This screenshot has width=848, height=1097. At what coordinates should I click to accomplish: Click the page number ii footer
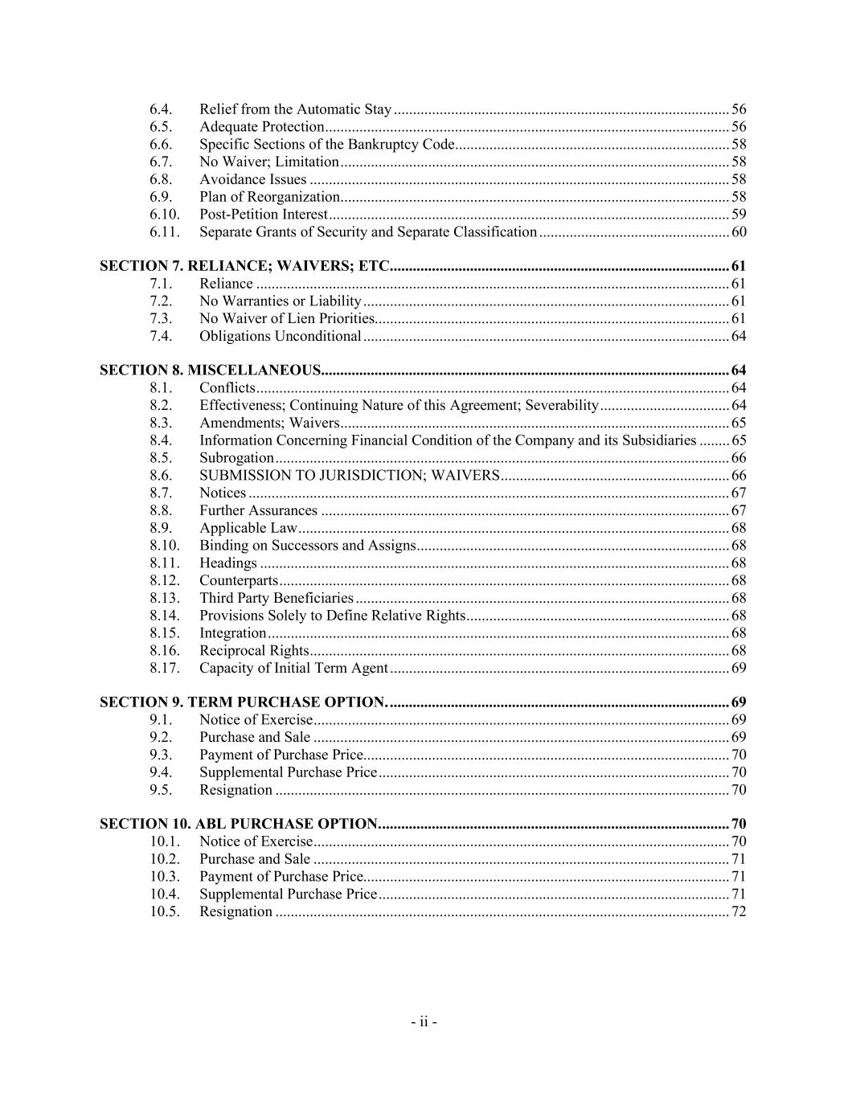(424, 1022)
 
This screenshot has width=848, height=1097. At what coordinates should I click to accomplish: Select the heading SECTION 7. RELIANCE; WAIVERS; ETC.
(244, 266)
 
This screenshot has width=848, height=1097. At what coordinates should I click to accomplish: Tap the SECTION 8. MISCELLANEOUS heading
(210, 370)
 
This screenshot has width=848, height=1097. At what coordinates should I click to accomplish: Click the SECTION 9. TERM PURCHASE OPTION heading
(243, 702)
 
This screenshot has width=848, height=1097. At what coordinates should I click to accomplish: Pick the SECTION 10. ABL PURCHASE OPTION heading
(239, 824)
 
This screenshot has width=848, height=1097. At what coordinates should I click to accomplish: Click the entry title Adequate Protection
(261, 127)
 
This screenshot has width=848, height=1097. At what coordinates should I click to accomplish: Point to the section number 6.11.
(165, 232)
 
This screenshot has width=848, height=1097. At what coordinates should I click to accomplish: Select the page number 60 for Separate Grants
(739, 232)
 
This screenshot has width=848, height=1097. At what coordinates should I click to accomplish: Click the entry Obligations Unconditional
(280, 336)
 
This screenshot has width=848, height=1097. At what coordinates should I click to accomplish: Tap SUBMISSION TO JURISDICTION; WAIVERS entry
(350, 475)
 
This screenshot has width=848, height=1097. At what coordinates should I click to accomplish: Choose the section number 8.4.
(161, 440)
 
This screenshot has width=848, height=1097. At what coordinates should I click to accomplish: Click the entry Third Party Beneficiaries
(276, 598)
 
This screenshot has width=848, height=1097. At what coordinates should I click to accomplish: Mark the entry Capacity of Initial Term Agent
(293, 668)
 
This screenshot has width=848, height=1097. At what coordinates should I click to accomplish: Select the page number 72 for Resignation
(739, 911)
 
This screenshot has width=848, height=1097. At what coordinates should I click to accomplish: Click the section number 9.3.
(161, 755)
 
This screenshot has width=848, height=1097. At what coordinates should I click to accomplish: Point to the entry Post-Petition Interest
(263, 215)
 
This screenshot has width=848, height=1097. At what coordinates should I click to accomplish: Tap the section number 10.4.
(165, 894)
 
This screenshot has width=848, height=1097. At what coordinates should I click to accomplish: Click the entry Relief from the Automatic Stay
(295, 109)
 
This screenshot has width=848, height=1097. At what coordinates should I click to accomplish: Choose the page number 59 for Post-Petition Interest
(739, 215)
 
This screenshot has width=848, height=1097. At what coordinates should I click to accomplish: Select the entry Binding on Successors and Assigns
(307, 546)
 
